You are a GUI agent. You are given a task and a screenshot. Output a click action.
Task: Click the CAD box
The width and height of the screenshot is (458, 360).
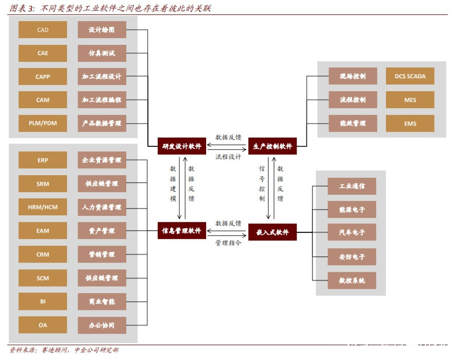pyautogui.click(x=43, y=30)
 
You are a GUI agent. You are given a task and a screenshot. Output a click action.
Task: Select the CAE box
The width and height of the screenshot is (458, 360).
pyautogui.click(x=43, y=53)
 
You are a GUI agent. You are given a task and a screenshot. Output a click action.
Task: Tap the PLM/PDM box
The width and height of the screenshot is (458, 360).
pyautogui.click(x=43, y=124)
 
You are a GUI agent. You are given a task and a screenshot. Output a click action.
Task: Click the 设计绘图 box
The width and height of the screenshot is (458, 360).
pyautogui.click(x=102, y=30)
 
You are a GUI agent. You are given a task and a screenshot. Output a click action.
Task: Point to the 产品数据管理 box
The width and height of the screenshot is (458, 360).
pyautogui.click(x=102, y=124)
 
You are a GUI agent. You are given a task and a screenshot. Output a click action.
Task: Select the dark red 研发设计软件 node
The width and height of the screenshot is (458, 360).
pyautogui.click(x=182, y=146)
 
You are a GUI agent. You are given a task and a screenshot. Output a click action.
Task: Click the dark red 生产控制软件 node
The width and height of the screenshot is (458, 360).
pyautogui.click(x=273, y=146)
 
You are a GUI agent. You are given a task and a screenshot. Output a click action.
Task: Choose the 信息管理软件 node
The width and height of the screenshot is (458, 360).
pyautogui.click(x=182, y=231)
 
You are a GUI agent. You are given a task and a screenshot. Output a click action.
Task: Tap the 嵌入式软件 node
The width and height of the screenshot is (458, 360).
pyautogui.click(x=273, y=232)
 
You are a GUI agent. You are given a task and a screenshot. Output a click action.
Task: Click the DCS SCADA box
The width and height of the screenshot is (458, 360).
pyautogui.click(x=410, y=76)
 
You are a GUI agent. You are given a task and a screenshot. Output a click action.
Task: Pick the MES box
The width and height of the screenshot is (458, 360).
pyautogui.click(x=410, y=100)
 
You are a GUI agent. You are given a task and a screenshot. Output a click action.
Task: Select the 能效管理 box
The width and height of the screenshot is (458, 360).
pyautogui.click(x=352, y=123)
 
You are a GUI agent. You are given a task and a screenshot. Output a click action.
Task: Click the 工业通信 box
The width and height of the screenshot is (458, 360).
pyautogui.click(x=352, y=186)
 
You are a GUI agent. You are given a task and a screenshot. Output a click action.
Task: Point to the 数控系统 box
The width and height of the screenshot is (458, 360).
pyautogui.click(x=352, y=281)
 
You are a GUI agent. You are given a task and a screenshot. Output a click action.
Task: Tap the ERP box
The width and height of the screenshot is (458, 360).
pyautogui.click(x=43, y=160)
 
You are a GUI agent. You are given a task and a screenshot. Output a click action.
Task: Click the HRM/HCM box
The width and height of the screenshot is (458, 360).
pyautogui.click(x=43, y=207)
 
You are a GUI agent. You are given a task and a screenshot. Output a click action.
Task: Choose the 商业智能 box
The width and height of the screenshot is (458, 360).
pyautogui.click(x=102, y=301)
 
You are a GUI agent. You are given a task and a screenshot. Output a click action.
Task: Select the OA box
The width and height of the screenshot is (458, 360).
pyautogui.click(x=43, y=325)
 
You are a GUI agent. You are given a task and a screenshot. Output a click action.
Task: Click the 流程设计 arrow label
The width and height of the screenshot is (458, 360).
pyautogui.click(x=228, y=157)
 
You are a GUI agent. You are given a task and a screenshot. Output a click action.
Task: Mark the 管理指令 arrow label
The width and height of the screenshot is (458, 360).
pyautogui.click(x=228, y=243)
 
